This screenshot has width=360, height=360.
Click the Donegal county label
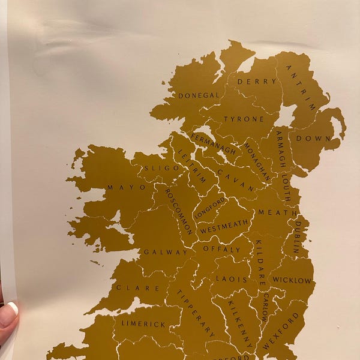[x=198, y=95]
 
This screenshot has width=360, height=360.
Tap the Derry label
[x=257, y=81]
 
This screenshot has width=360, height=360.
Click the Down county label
[x=318, y=138]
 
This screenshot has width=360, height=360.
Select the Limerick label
[x=143, y=324]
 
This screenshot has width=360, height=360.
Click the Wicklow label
[x=292, y=280]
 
